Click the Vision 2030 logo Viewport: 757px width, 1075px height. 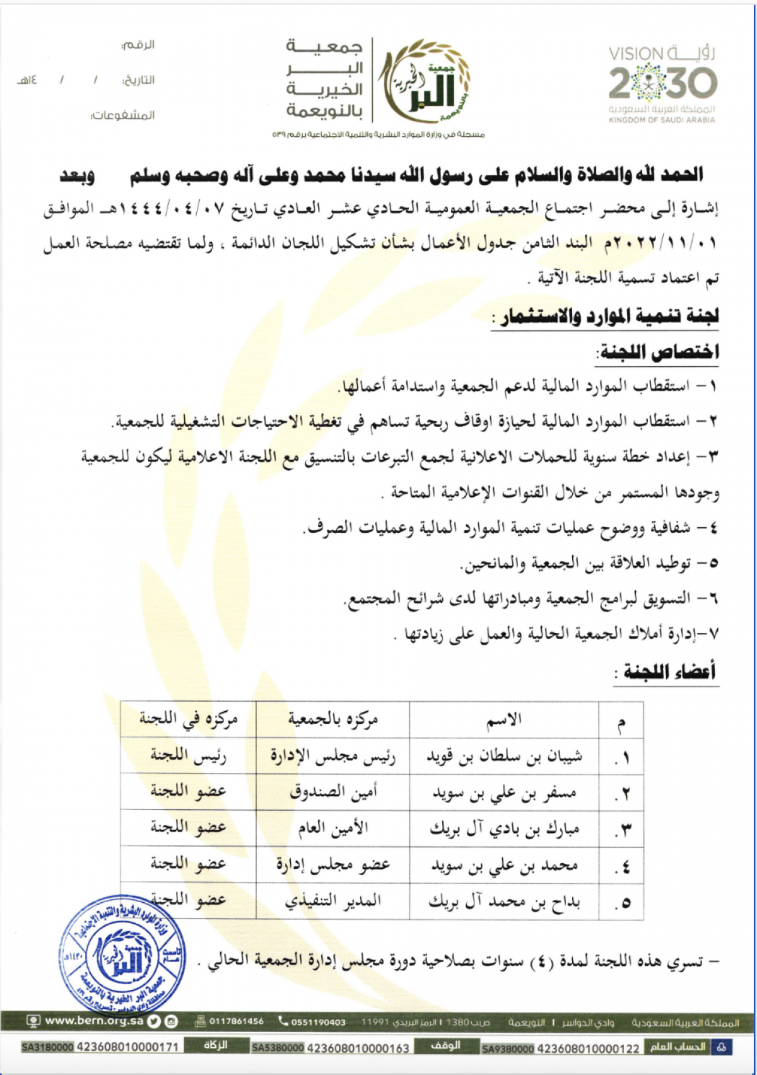point(662,84)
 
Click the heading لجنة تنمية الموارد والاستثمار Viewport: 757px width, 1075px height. point(609,316)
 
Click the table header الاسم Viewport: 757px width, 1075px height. point(503,719)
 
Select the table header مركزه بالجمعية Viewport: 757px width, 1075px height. point(333,719)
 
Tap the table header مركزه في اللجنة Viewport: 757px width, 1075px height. point(189,719)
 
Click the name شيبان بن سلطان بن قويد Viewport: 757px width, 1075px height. point(504,756)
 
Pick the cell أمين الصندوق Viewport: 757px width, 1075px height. point(333,792)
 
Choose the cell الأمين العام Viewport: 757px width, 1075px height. point(333,828)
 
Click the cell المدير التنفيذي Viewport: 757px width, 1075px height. point(333,900)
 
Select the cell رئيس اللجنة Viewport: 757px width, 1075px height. point(189,756)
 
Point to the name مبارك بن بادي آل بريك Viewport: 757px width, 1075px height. point(504,828)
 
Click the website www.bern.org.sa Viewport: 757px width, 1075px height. point(94,1020)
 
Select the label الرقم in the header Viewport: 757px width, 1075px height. point(138,45)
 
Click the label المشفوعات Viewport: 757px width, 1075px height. point(123,115)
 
